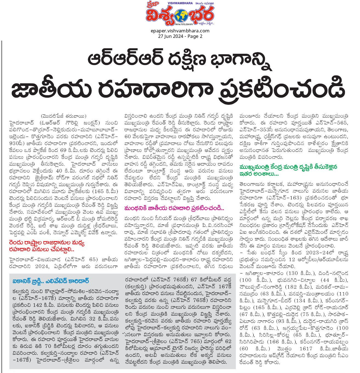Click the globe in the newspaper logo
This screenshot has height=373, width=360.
(180, 16)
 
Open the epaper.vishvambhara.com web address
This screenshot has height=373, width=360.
(180, 31)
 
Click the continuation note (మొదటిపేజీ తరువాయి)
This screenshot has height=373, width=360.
(64, 116)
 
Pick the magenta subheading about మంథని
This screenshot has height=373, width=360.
(174, 208)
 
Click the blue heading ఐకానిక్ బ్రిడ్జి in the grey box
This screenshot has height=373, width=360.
(51, 281)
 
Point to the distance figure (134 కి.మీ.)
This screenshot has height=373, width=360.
(302, 301)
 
